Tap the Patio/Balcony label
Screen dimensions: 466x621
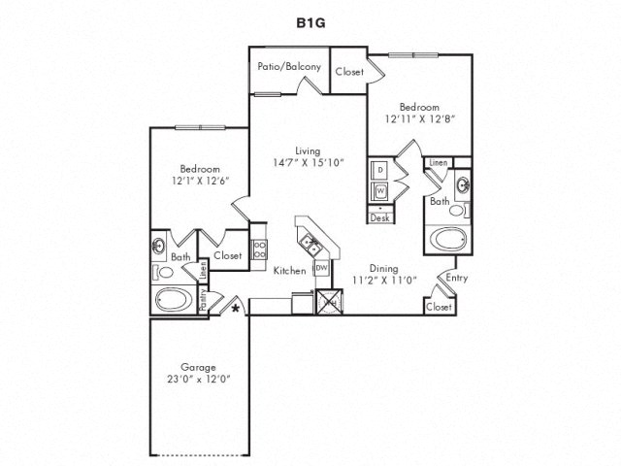282,68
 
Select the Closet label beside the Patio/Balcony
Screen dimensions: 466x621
348,72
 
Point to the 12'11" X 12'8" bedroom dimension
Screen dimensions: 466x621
420,119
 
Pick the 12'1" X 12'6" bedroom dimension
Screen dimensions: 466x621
191,181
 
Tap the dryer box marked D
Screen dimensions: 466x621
380,170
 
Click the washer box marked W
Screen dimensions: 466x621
380,189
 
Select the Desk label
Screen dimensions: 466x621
380,218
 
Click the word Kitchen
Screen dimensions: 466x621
289,270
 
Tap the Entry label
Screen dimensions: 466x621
456,278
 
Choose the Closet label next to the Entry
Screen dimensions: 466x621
439,306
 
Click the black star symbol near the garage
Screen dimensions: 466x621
236,308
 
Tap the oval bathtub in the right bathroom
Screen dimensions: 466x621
449,238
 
